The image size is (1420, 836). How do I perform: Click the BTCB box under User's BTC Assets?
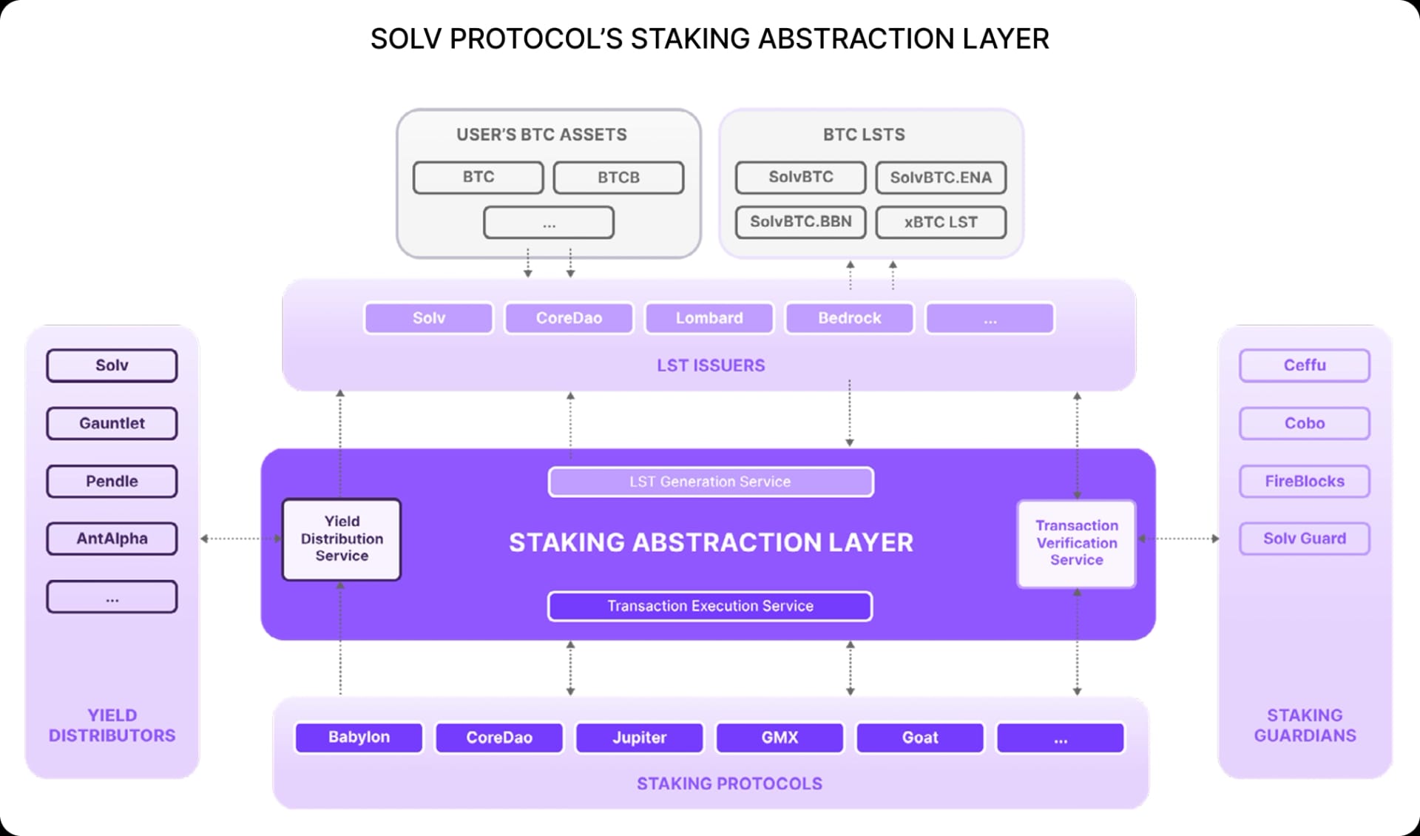click(x=618, y=178)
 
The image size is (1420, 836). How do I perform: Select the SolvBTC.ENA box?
click(x=941, y=178)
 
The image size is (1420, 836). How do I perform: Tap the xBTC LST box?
click(x=941, y=222)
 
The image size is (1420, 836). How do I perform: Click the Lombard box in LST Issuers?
click(x=709, y=318)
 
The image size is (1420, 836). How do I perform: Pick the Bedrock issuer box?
click(x=849, y=318)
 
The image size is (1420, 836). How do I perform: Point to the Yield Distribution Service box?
click(x=342, y=539)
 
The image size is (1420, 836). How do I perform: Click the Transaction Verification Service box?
click(x=1076, y=543)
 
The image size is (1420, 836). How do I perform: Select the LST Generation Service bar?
click(x=710, y=482)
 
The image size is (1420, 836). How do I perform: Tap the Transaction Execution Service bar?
click(x=710, y=606)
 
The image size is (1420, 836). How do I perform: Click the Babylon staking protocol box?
click(x=359, y=738)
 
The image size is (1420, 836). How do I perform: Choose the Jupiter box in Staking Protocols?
click(x=639, y=738)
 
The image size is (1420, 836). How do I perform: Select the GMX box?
click(x=780, y=738)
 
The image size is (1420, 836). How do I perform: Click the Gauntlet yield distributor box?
click(x=112, y=423)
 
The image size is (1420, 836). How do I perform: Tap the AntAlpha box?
click(x=112, y=539)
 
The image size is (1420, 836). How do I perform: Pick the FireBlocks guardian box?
click(x=1305, y=481)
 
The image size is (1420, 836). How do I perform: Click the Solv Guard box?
click(x=1305, y=539)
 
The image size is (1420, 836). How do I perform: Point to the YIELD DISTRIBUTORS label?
click(x=112, y=725)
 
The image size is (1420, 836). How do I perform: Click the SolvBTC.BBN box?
click(x=800, y=222)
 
